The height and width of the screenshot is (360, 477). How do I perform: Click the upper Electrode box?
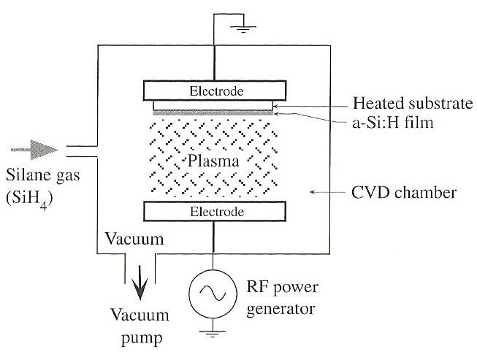point(213,91)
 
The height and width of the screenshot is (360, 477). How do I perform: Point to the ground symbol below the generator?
point(213,336)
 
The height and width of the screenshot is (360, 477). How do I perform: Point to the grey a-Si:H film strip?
point(213,112)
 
